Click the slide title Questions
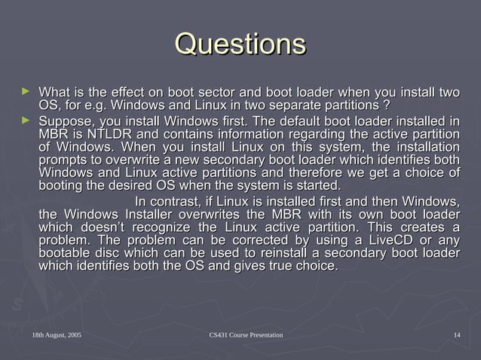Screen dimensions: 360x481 click(240, 43)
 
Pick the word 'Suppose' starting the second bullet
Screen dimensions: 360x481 click(64, 121)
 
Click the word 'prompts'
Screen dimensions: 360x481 click(62, 161)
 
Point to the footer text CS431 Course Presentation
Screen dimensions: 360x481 click(245, 334)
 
